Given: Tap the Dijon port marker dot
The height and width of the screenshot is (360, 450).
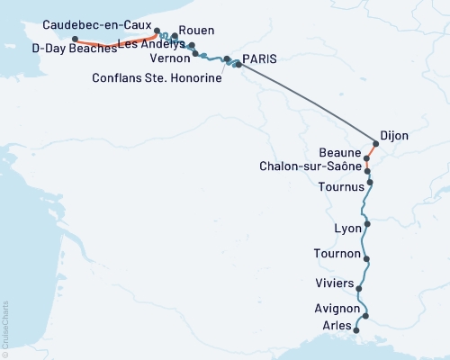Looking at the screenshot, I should click(376, 142).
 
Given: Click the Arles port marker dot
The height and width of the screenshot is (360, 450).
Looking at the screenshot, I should click(358, 331).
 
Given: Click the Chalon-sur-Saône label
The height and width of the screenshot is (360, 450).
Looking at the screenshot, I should click(310, 166).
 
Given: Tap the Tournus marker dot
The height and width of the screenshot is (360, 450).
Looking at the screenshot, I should click(370, 182).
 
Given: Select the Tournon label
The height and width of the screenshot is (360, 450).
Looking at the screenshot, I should click(337, 254).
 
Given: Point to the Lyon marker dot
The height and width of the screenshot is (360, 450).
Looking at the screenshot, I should click(366, 221).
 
